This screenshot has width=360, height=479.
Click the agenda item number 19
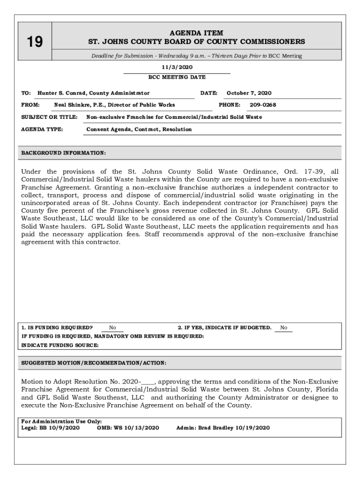[34, 43]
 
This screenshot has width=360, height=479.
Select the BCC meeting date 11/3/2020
[177, 67]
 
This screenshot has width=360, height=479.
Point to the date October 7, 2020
[249, 93]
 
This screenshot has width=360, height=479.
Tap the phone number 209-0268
[263, 105]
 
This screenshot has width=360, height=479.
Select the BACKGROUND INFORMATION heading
[64, 153]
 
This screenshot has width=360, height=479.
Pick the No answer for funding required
[113, 328]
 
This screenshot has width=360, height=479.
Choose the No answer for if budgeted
[284, 328]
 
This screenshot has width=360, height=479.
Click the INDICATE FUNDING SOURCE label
[60, 345]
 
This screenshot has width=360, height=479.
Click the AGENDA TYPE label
[43, 129]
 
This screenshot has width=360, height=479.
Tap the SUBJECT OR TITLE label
[50, 117]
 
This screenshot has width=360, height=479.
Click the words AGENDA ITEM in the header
[196, 33]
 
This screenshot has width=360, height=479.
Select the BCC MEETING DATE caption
[177, 77]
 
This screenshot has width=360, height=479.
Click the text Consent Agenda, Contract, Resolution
[139, 129]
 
